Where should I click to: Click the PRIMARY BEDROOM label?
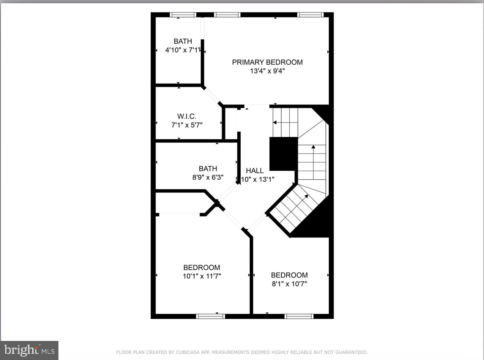(x=267, y=62)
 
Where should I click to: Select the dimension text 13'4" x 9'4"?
(x=267, y=71)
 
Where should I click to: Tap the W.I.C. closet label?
(x=187, y=116)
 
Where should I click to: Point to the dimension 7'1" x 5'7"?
(x=187, y=125)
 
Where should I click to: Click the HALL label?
(x=254, y=171)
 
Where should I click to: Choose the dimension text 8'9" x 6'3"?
(x=208, y=177)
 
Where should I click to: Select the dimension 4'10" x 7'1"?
(x=183, y=50)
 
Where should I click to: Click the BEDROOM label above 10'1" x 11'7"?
(x=202, y=267)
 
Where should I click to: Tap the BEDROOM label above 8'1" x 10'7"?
(x=289, y=275)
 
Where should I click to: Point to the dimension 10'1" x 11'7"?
(x=202, y=276)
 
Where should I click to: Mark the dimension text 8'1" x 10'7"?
(x=289, y=284)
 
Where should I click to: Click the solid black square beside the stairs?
(x=283, y=153)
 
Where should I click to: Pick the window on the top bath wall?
(x=183, y=15)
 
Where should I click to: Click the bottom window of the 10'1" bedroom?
(x=210, y=316)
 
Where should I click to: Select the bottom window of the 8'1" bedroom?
(x=299, y=316)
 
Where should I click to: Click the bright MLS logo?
(x=29, y=351)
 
